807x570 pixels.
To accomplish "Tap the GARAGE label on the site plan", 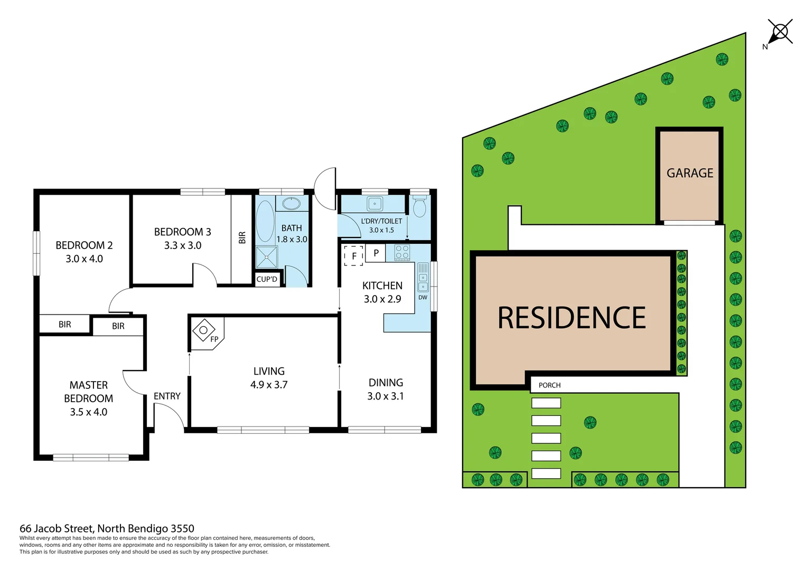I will pyautogui.click(x=690, y=173).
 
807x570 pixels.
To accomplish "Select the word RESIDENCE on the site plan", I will pyautogui.click(x=571, y=318).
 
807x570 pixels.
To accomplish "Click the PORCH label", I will pyautogui.click(x=549, y=385).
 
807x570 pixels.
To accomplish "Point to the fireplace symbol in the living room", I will pyautogui.click(x=203, y=330).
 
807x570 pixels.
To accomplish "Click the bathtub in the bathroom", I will pyautogui.click(x=265, y=221).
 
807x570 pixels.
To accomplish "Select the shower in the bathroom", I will pyautogui.click(x=267, y=257).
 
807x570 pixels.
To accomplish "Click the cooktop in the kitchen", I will pyautogui.click(x=402, y=252).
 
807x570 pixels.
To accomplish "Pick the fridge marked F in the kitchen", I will pyautogui.click(x=353, y=256).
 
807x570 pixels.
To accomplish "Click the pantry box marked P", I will pyautogui.click(x=376, y=253).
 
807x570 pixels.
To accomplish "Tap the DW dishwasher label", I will pyautogui.click(x=423, y=298).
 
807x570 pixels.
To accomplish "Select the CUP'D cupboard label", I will pyautogui.click(x=267, y=279).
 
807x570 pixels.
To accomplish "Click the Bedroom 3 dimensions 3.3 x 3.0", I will pyautogui.click(x=182, y=245).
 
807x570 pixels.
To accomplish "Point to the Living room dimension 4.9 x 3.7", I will pyautogui.click(x=269, y=385).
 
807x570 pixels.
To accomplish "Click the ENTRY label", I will pyautogui.click(x=167, y=396).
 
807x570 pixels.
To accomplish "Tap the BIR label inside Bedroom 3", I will pyautogui.click(x=242, y=238).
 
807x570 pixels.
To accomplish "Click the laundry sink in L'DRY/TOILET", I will pyautogui.click(x=375, y=203).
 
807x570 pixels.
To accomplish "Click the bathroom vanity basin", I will pyautogui.click(x=291, y=203).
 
